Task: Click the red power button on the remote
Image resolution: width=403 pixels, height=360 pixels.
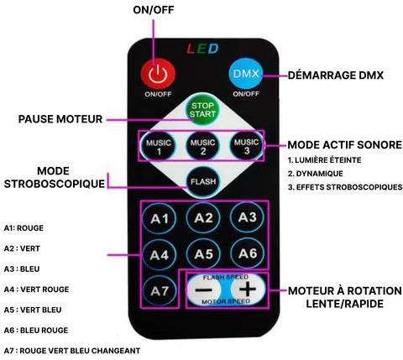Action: point(158,74)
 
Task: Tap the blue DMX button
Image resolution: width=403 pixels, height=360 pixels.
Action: point(246,73)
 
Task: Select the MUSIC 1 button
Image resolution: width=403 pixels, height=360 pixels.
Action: point(159,146)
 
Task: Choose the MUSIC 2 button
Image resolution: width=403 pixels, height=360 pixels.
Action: point(202,146)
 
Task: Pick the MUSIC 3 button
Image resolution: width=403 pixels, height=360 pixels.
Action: point(246,146)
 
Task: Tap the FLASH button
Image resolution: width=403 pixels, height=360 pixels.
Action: point(203,182)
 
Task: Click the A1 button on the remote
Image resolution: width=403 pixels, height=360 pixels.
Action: point(160,218)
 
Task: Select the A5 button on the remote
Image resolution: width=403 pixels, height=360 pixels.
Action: point(203,254)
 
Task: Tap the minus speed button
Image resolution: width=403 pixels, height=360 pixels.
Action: point(204,290)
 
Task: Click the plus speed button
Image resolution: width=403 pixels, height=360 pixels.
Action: point(248,290)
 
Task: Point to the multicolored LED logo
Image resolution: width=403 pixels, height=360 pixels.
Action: point(202,49)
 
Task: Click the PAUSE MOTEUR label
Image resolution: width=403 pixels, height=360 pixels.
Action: point(60,119)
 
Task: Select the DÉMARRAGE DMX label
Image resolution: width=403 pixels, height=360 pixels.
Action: point(336,76)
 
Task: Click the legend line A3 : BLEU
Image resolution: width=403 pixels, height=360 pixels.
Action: point(22,269)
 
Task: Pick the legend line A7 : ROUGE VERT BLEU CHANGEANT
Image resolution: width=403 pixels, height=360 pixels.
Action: point(72,351)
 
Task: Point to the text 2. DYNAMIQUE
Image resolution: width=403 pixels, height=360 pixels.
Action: point(316,174)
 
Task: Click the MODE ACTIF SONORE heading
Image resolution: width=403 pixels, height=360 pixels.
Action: point(345,145)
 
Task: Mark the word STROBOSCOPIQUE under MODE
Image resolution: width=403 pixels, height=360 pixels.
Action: point(55,184)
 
